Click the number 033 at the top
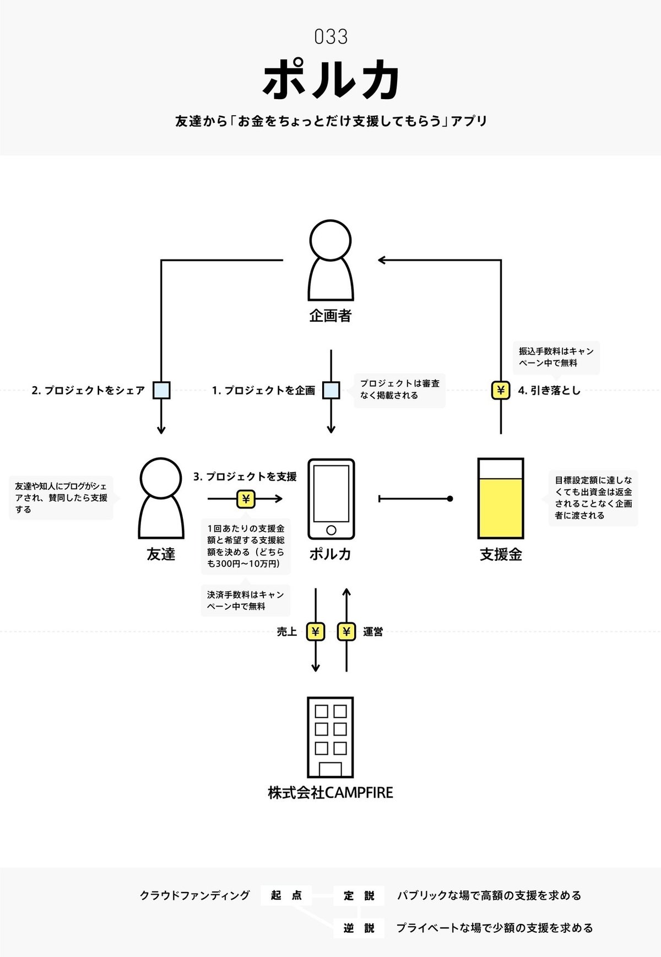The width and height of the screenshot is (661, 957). (330, 37)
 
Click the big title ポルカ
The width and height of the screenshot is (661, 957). (330, 80)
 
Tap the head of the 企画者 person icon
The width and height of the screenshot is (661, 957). (330, 240)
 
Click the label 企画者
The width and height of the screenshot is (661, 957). (330, 316)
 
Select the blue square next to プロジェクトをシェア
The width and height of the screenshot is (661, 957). (161, 390)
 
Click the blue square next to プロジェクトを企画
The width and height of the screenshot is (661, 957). (331, 390)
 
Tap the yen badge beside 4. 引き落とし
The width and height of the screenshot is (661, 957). (500, 391)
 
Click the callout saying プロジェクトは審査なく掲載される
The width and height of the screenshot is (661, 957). (400, 390)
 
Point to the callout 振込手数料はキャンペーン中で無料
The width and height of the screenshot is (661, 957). (556, 357)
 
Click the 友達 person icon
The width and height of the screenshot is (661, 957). (161, 499)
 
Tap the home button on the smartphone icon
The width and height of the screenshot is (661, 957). (331, 530)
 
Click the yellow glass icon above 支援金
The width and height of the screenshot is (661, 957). (500, 499)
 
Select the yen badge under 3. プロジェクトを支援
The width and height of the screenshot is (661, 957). (246, 499)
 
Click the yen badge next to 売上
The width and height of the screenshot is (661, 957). (315, 632)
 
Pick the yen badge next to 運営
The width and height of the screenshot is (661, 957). (346, 632)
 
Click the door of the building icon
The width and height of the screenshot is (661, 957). (330, 769)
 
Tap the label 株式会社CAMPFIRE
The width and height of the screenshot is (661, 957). (330, 793)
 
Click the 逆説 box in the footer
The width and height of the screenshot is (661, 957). (359, 928)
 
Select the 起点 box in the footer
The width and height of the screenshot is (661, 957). (286, 895)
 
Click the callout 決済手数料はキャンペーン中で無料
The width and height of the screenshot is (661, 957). (245, 601)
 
